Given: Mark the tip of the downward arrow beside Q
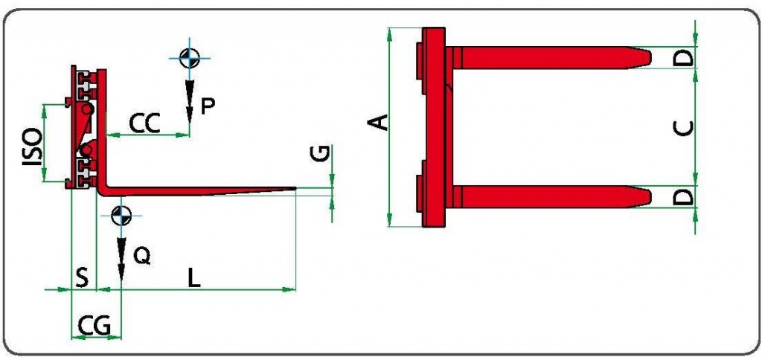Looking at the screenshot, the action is [121, 281].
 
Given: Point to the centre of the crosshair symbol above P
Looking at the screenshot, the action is [190, 58].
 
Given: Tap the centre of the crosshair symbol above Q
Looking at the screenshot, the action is [121, 215].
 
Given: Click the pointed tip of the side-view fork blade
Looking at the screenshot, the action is [296, 188].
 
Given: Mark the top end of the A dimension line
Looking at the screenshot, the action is [390, 28].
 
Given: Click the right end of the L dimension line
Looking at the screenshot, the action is [295, 289].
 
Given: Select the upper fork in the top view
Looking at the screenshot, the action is [548, 58].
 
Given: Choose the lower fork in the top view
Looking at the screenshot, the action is [548, 197].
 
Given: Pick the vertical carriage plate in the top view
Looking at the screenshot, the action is [434, 127].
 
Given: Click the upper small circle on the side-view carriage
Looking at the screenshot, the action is [88, 109].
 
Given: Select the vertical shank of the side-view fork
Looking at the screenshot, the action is [101, 129].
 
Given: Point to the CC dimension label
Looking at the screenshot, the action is [144, 124].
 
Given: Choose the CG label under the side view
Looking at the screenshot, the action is [95, 325].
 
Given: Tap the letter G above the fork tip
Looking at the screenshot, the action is [321, 153].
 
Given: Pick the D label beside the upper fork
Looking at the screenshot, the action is [685, 58].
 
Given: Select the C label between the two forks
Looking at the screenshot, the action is [685, 128].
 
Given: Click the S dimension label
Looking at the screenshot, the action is [83, 278].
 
